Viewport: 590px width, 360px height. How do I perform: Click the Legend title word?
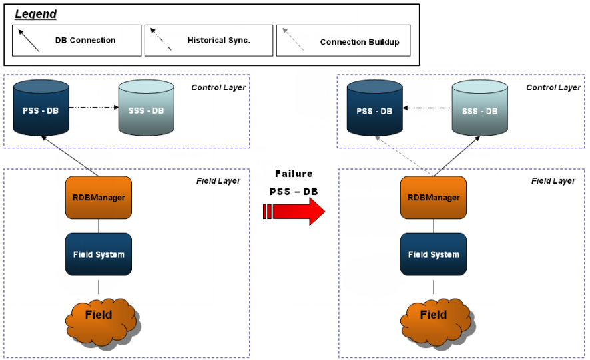point(36,14)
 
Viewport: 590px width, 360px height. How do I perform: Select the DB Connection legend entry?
point(77,40)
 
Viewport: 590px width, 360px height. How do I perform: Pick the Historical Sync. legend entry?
point(208,40)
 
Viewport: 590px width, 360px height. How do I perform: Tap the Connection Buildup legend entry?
point(343,41)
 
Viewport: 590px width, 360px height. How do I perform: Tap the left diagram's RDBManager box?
point(99,197)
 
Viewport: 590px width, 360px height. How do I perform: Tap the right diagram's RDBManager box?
point(434,197)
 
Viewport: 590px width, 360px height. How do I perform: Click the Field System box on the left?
point(99,254)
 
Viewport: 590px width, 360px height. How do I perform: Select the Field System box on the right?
point(434,254)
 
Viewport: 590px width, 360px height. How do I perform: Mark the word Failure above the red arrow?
point(294,174)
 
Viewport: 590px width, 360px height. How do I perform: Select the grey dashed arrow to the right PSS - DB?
point(404,157)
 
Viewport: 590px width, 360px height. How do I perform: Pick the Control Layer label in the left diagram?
point(218,87)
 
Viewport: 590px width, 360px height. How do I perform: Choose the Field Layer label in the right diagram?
point(553,181)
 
